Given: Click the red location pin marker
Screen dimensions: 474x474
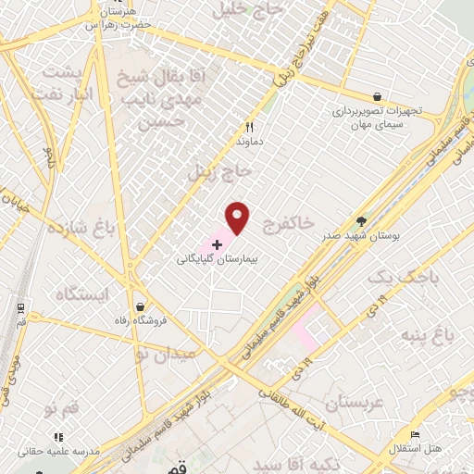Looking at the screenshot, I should click(238, 217).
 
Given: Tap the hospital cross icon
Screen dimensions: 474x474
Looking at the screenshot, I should click(217, 245).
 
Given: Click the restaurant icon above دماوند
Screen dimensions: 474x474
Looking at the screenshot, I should click(248, 128).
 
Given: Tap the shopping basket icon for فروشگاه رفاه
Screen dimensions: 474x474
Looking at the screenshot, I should click(140, 306).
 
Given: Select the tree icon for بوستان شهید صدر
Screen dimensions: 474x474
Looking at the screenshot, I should click(361, 221).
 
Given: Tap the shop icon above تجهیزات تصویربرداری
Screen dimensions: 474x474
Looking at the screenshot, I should click(377, 95).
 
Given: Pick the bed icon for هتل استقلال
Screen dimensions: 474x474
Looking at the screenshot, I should click(416, 434).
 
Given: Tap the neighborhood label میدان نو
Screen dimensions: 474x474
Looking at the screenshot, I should click(164, 354).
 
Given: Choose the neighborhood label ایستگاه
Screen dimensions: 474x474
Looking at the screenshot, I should click(82, 294).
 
